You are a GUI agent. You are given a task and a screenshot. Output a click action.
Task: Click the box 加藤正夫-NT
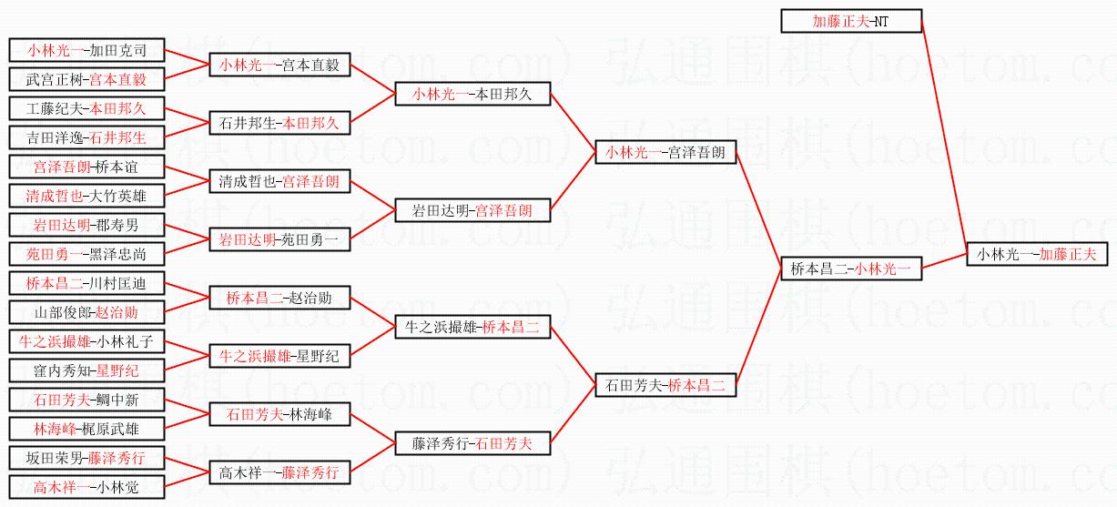click(851, 21)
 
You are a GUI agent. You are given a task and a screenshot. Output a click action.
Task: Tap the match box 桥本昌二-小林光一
click(851, 269)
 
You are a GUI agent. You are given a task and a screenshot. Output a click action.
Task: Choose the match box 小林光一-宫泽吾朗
click(665, 153)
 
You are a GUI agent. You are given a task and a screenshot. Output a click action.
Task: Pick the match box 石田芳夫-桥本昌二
click(665, 386)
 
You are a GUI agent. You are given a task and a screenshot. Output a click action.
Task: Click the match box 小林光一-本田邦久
click(472, 95)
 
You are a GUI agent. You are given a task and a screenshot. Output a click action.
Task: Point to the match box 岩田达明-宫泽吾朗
click(472, 211)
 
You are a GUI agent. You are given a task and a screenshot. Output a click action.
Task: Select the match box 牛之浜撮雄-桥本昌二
click(472, 328)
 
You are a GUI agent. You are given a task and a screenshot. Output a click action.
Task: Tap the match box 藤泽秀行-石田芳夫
click(472, 444)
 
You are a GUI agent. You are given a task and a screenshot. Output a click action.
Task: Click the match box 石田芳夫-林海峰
click(279, 415)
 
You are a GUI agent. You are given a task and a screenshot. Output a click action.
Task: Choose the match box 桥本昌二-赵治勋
click(279, 299)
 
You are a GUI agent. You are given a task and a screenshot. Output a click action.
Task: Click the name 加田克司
click(119, 51)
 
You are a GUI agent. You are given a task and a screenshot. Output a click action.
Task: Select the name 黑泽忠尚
click(119, 255)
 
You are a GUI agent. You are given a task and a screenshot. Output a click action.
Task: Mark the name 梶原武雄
click(119, 428)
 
